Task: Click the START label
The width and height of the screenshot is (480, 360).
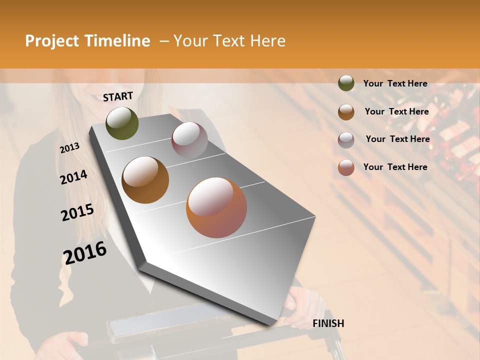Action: tap(118, 96)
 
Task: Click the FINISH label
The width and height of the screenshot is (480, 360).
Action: tap(328, 323)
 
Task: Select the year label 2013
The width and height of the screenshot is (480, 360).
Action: tap(69, 148)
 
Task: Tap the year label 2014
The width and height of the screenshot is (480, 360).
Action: tap(73, 177)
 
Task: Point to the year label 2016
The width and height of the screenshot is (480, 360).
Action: tap(85, 253)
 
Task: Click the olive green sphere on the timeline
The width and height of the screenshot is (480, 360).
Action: tap(122, 123)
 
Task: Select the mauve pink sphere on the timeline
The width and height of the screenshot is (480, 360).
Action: tap(189, 140)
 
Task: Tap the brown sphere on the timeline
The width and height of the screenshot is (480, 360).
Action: tap(145, 180)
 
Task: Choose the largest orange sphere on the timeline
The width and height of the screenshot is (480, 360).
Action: tap(216, 207)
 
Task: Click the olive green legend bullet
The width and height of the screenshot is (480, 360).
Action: tap(346, 83)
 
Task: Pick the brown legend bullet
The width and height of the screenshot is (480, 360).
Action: tap(346, 111)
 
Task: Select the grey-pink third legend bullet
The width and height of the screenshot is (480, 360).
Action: tap(346, 139)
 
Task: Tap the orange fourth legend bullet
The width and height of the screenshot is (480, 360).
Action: tap(346, 167)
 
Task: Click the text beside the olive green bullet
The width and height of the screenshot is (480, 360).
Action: tap(395, 83)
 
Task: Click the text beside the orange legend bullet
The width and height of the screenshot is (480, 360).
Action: tap(395, 167)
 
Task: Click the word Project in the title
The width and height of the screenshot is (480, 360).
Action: tap(52, 41)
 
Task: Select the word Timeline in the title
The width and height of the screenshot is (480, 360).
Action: tap(117, 41)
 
